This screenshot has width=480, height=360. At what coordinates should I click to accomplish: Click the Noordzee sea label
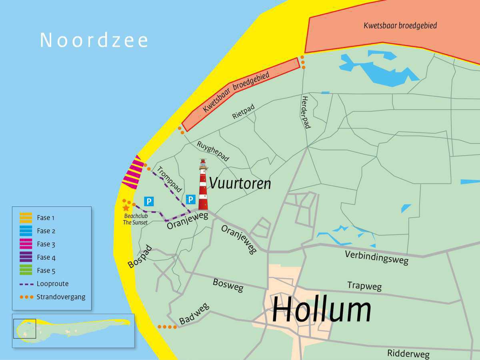pyautogui.click(x=94, y=40)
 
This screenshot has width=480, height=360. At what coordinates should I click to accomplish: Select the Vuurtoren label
pyautogui.click(x=240, y=184)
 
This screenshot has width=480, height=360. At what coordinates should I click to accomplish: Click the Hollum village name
pyautogui.click(x=322, y=310)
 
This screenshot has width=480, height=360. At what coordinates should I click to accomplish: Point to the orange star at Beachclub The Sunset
pyautogui.click(x=126, y=208)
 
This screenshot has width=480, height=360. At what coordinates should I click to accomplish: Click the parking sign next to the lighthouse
pyautogui.click(x=191, y=199)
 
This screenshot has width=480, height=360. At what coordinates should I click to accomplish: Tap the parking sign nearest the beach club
pyautogui.click(x=149, y=202)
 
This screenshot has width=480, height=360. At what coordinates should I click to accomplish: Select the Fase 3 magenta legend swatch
pyautogui.click(x=26, y=244)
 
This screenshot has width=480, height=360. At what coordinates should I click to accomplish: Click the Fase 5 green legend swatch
pyautogui.click(x=26, y=270)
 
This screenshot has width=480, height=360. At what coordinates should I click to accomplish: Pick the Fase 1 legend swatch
pyautogui.click(x=26, y=218)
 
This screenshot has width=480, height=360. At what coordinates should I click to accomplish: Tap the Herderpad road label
pyautogui.click(x=306, y=112)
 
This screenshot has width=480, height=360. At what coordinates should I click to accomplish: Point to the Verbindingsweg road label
pyautogui.click(x=377, y=258)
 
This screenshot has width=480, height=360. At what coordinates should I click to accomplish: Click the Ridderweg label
pyautogui.click(x=408, y=354)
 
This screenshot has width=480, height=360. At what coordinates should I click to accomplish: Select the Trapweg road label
pyautogui.click(x=364, y=286)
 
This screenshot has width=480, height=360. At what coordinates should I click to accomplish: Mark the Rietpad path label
pyautogui.click(x=243, y=112)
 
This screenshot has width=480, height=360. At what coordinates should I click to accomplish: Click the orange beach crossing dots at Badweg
pyautogui.click(x=167, y=327)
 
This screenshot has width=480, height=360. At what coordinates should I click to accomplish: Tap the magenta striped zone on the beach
pyautogui.click(x=133, y=173)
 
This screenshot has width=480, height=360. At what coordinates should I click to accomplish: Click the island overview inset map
pyautogui.click(x=73, y=330)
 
